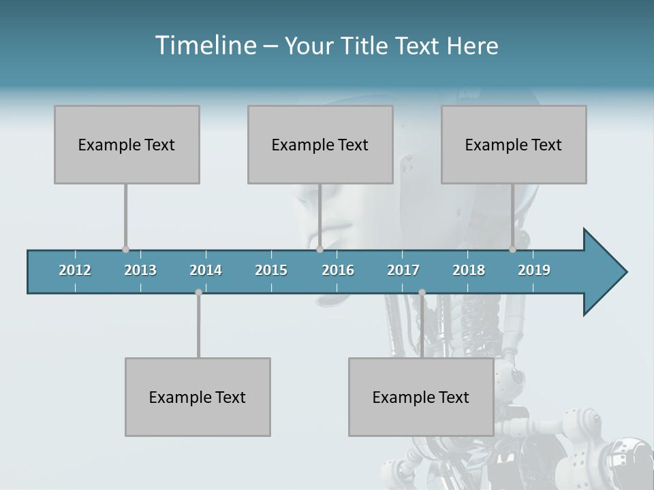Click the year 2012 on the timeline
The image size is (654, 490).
(x=75, y=270)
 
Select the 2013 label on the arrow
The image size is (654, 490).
(x=140, y=270)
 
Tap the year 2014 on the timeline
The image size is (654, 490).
(x=206, y=270)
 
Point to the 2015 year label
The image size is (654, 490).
(x=271, y=270)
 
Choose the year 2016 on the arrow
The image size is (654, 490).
(x=338, y=270)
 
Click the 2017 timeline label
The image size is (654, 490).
(x=403, y=270)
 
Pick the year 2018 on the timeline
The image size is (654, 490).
(x=469, y=270)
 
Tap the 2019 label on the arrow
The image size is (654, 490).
(x=534, y=270)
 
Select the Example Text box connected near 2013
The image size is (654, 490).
(x=127, y=144)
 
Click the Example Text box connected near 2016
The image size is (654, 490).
(x=320, y=144)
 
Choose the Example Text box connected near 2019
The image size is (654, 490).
(x=514, y=144)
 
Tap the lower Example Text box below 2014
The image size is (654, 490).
(x=198, y=397)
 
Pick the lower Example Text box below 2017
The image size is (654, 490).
(x=421, y=397)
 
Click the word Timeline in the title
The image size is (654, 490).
(x=204, y=45)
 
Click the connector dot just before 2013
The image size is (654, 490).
(x=125, y=250)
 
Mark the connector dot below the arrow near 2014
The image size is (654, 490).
(x=198, y=292)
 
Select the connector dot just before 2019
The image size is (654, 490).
(x=512, y=250)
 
